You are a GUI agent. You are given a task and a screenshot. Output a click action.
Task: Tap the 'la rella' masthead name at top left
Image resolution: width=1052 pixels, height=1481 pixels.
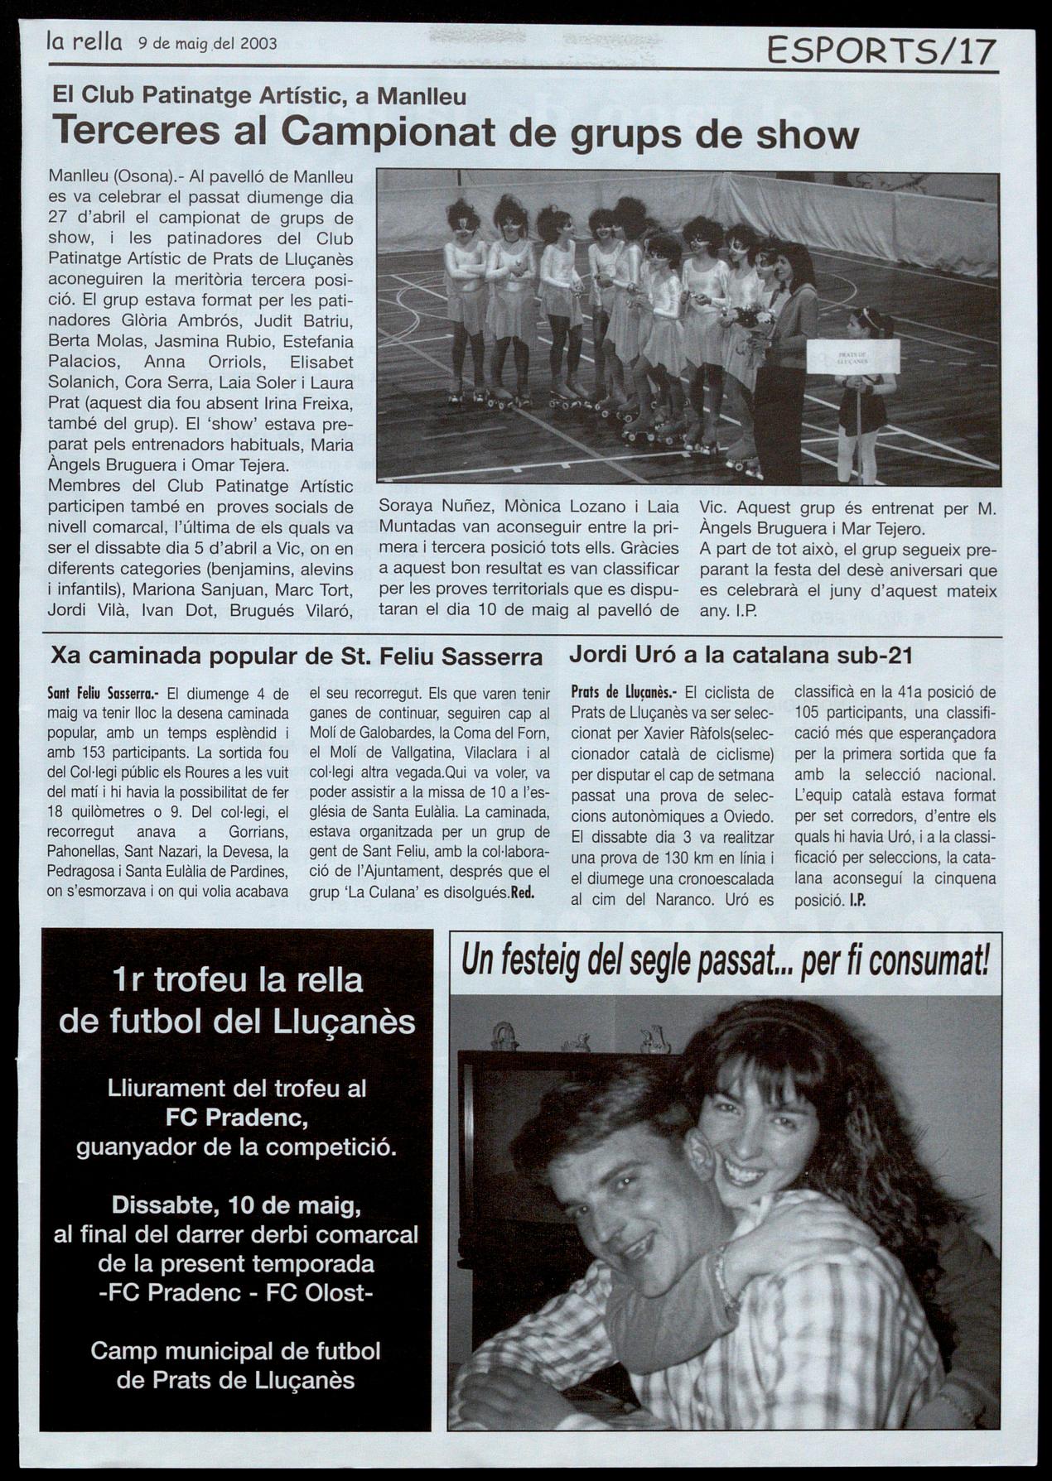pos(85,41)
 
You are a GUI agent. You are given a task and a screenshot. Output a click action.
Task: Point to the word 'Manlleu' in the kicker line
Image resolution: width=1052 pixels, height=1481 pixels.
pos(421,97)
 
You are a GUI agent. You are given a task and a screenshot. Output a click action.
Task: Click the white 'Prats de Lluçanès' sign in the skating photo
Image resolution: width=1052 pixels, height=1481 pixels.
pos(852,356)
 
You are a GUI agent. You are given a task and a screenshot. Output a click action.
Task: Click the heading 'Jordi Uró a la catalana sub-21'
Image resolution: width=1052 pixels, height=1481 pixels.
pos(741,656)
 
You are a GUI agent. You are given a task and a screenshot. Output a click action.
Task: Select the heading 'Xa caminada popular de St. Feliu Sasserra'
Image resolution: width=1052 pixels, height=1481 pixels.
pos(297,657)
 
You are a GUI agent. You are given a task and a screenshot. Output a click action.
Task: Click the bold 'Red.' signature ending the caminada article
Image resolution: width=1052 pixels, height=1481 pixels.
pos(522,892)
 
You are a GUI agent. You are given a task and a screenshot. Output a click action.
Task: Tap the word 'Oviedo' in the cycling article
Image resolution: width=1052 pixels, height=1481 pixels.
pos(748,815)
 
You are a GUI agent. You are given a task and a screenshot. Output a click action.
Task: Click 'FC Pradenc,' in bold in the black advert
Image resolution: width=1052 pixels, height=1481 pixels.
pos(237,1118)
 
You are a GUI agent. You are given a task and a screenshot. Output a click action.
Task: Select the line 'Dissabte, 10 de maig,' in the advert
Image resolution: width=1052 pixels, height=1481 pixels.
pos(236,1204)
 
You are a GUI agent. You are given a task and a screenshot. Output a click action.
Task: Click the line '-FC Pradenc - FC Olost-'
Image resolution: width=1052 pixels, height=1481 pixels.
pos(237,1293)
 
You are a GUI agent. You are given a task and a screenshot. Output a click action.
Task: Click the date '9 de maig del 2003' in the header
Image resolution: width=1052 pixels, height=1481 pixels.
pos(207,43)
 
